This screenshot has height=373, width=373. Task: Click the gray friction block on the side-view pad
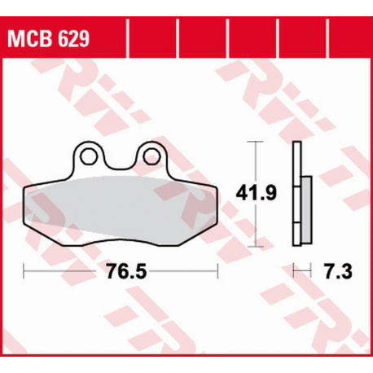pos(305,209)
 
